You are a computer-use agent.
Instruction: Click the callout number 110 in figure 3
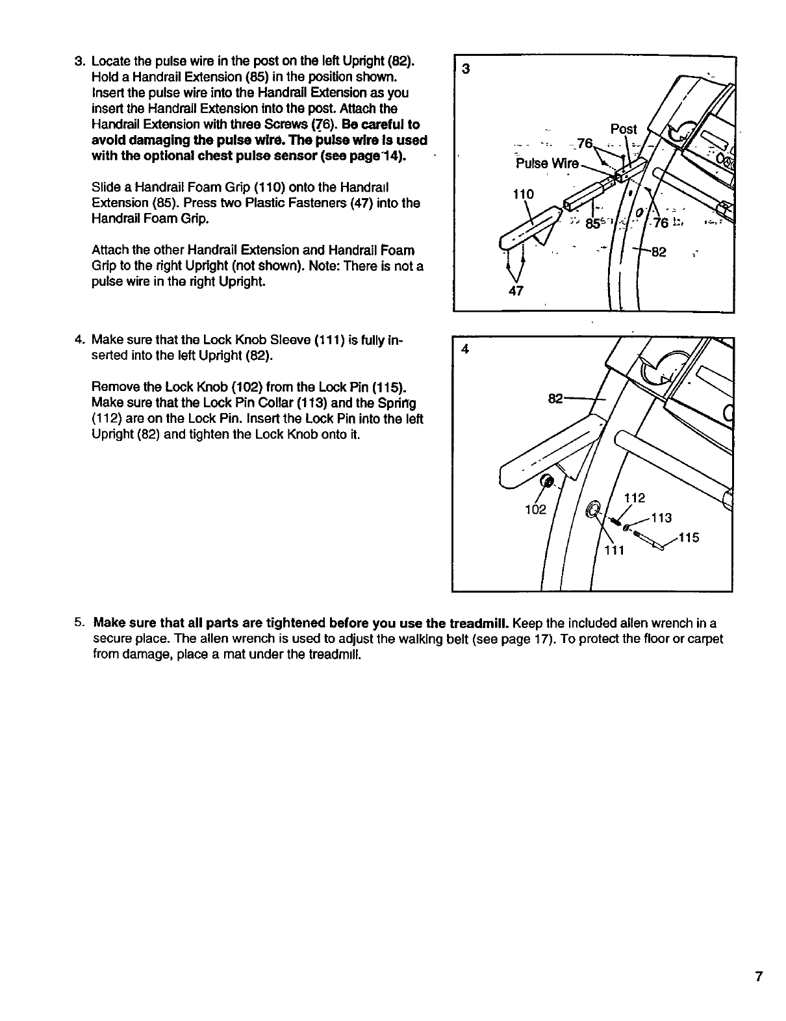523,194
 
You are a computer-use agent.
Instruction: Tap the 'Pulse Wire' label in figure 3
546,163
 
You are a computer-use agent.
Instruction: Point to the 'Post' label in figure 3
624,129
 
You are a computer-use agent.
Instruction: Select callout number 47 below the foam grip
516,292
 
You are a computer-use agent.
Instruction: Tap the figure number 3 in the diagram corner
464,69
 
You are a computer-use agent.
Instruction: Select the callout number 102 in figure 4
535,509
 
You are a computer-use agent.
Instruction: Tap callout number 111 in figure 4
614,551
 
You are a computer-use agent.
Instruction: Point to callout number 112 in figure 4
633,498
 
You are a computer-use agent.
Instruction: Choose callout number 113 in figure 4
661,518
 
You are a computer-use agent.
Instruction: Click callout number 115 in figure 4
689,538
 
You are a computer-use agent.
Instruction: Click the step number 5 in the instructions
78,623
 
